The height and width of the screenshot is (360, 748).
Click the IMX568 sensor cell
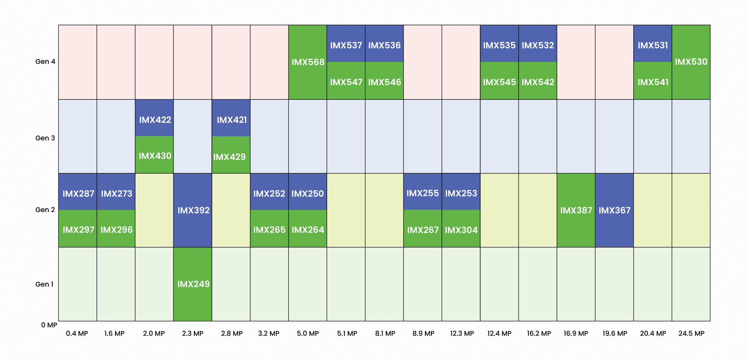(308, 62)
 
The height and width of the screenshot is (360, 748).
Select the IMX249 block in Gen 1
(193, 284)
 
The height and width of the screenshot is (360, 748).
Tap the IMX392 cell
(193, 210)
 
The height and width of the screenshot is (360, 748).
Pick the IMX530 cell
(691, 62)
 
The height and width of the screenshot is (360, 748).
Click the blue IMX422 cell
(155, 119)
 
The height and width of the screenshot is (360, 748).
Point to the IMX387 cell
(576, 210)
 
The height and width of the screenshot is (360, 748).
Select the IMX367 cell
(614, 210)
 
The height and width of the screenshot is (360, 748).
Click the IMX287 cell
(78, 193)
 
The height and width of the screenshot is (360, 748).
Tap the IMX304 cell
(461, 230)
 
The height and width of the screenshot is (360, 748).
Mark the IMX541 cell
(653, 82)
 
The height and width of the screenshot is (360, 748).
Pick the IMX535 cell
(499, 45)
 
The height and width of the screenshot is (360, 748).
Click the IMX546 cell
(384, 82)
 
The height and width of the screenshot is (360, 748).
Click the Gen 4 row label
(45, 62)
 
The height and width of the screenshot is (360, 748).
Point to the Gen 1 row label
(44, 284)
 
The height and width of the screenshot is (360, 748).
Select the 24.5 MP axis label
(691, 333)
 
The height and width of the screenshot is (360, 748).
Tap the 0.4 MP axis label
(77, 333)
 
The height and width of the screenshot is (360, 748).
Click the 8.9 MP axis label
(423, 333)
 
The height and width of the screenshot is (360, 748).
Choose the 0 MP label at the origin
(49, 325)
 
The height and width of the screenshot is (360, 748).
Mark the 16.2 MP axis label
(539, 333)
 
